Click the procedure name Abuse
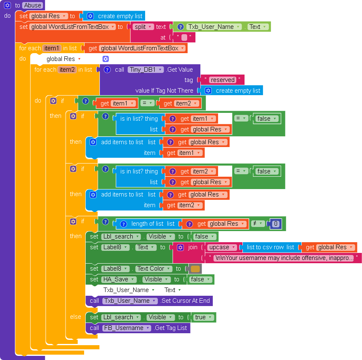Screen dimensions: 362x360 [x=33, y=5]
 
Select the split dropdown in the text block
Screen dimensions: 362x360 [x=143, y=27]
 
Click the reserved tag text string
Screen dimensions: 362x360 [x=223, y=80]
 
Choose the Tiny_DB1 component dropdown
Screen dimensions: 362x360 [x=146, y=70]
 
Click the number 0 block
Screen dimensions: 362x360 [x=275, y=224]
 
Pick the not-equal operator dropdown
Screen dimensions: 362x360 [x=258, y=224]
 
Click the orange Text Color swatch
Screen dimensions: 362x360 [x=195, y=269]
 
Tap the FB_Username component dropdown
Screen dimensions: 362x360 [x=127, y=328]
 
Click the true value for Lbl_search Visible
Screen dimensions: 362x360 [x=203, y=317]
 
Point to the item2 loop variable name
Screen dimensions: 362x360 [x=67, y=70]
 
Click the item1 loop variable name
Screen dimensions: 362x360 [x=52, y=48]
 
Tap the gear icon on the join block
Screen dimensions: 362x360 [x=180, y=248]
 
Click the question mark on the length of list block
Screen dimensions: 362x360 [x=124, y=224]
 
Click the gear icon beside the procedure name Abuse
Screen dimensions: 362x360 [x=7, y=5]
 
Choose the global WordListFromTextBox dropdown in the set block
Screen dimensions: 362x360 [x=73, y=27]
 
